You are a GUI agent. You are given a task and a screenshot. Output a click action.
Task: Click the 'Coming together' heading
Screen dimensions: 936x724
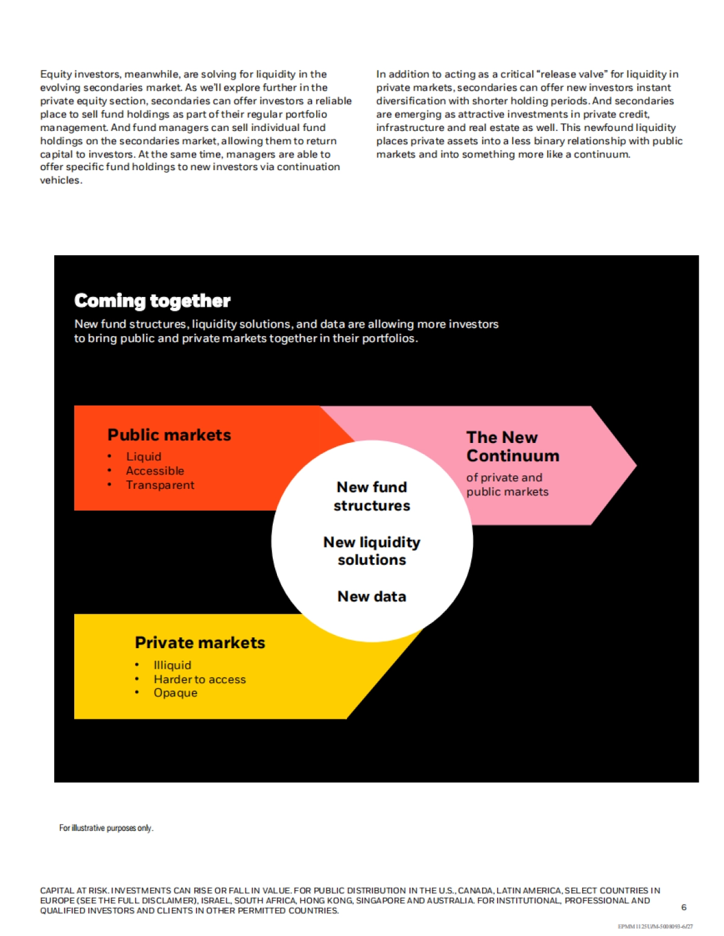click(152, 301)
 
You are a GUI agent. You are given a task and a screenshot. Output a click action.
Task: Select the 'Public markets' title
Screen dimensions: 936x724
click(169, 435)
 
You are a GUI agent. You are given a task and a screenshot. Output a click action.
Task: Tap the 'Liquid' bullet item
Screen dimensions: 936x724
click(144, 457)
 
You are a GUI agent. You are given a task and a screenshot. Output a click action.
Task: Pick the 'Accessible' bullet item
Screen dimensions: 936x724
click(155, 471)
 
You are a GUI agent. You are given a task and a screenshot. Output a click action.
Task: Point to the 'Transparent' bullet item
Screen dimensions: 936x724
click(160, 485)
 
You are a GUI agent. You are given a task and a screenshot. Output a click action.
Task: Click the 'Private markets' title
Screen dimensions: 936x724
click(200, 643)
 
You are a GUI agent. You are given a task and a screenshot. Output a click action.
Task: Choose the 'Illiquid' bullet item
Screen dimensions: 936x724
click(172, 665)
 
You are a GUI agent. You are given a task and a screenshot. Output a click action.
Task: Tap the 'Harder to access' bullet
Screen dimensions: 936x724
click(200, 680)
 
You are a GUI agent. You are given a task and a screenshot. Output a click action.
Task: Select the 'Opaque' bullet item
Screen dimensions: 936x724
click(175, 693)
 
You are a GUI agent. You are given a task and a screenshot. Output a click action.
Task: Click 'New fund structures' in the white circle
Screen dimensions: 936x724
click(372, 496)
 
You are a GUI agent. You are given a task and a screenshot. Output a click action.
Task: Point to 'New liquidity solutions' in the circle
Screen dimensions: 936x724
click(372, 551)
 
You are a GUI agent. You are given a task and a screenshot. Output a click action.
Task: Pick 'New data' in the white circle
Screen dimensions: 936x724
click(372, 597)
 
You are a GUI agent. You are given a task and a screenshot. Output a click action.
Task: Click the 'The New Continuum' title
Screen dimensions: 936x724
click(512, 447)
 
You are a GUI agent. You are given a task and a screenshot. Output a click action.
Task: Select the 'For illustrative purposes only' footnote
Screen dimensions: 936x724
click(106, 828)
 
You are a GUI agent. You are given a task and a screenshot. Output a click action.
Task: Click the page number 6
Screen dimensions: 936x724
click(684, 907)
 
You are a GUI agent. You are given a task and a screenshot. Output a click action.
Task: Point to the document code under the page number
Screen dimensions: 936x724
click(655, 926)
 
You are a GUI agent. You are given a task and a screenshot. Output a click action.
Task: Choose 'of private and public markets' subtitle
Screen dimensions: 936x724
click(507, 485)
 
